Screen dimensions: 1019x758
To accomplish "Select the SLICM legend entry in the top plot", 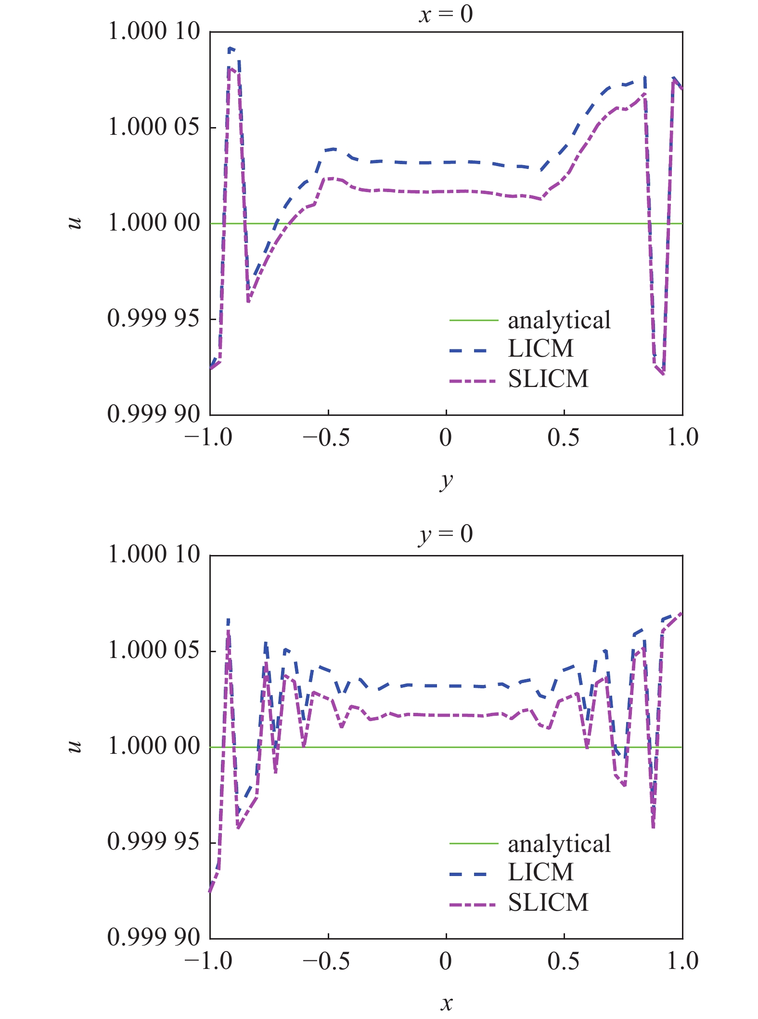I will [548, 379].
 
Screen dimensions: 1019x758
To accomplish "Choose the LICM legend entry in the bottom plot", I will [540, 872].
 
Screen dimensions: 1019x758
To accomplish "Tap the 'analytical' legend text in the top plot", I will [559, 320].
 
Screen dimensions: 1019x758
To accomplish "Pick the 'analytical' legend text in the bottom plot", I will [559, 844].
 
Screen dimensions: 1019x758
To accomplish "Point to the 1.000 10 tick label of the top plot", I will [154, 31].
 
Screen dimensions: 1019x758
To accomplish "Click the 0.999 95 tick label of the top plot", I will [154, 318].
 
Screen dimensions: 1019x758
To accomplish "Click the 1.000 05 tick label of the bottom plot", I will [154, 650].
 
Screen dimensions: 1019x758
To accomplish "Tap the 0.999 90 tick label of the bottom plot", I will [154, 937].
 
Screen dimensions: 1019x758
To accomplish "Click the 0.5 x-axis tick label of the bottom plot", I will [563, 961].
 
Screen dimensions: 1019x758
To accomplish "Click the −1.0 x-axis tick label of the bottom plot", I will [208, 961].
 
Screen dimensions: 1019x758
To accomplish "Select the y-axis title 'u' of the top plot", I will [75, 223].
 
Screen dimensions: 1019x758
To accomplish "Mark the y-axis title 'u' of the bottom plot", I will [75, 746].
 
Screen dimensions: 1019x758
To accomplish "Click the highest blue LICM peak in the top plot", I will [231, 48].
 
